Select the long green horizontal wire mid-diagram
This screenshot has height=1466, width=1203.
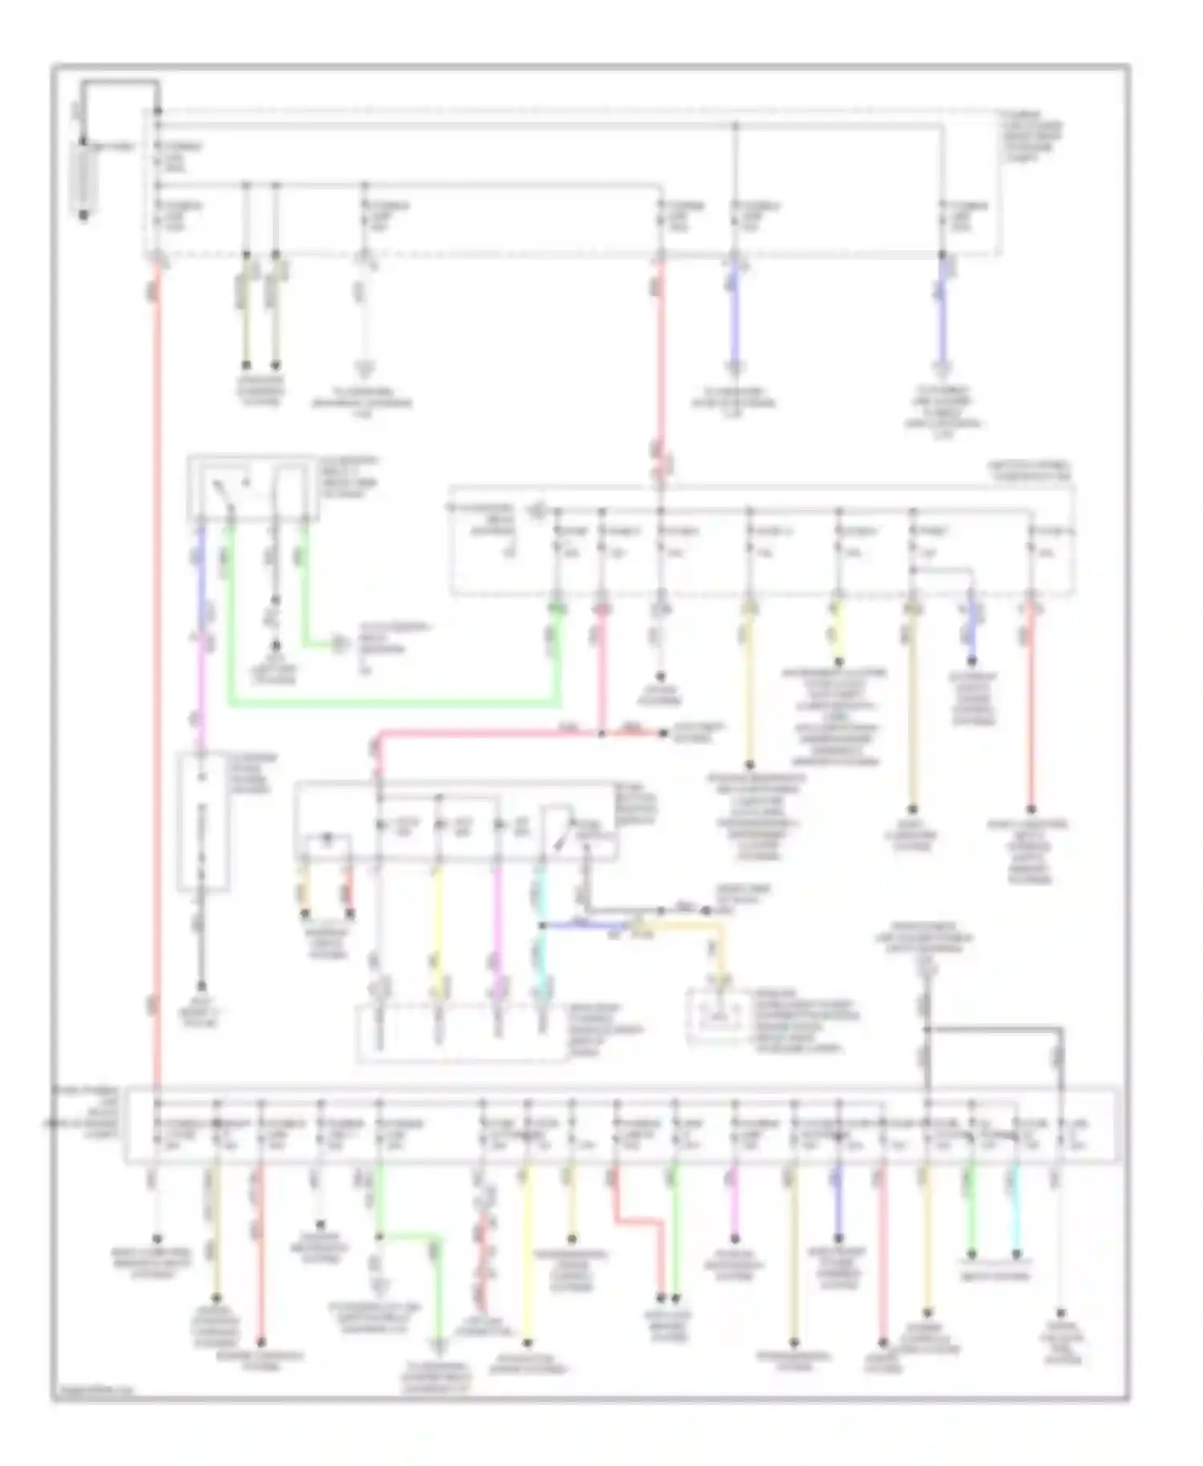point(393,704)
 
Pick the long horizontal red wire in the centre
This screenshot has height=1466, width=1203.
point(489,732)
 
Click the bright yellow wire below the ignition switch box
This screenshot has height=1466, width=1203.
point(438,922)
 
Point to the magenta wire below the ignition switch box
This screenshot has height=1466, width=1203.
point(497,922)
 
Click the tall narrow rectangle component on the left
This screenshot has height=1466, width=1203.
point(202,822)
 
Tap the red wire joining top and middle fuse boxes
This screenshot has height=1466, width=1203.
point(661,361)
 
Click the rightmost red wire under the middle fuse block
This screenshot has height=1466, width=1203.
point(1031,706)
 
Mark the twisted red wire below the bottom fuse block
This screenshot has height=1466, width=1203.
point(483,1251)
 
